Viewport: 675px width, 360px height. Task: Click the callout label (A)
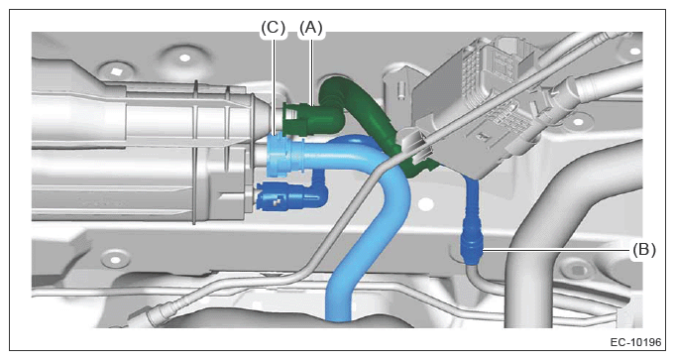pos(310,28)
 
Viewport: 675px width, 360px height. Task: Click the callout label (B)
pos(643,249)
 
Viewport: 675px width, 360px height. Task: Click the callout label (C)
pos(274,28)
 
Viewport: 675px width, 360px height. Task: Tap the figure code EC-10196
pos(635,342)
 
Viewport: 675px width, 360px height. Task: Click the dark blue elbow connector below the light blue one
pos(290,196)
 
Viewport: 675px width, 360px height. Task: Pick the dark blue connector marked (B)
pos(471,249)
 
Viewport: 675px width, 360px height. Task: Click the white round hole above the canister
pos(185,58)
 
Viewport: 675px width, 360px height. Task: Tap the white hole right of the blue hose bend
pos(426,204)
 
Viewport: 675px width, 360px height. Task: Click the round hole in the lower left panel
pos(115,260)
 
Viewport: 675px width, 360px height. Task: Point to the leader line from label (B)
pos(557,249)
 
